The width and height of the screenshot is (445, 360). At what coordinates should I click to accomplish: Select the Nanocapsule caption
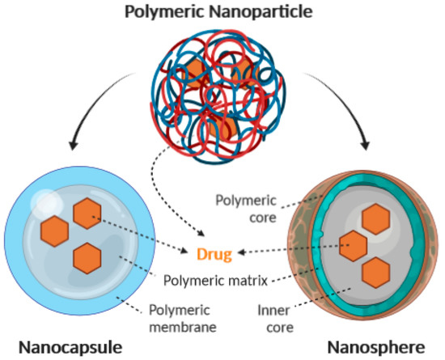pos(72,347)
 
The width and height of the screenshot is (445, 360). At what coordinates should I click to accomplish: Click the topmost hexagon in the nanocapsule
pos(88,214)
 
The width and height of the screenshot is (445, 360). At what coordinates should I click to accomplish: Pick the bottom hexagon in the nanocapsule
pos(88,257)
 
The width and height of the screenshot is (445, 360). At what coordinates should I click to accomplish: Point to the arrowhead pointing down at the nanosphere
pos(363,146)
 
